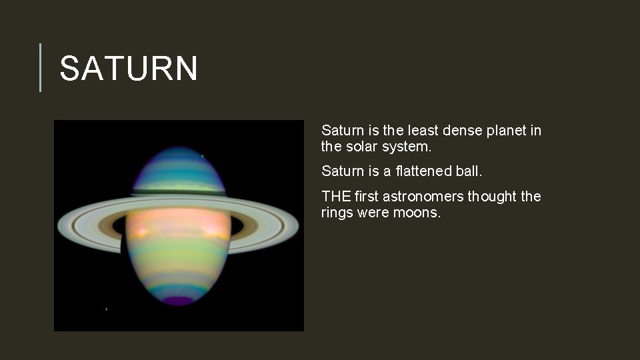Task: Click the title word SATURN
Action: click(129, 69)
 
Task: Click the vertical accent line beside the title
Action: click(41, 67)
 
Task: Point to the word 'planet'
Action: click(507, 131)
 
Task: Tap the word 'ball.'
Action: click(469, 171)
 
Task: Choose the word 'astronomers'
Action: click(423, 197)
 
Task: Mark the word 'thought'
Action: click(493, 197)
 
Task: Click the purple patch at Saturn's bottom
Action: click(179, 300)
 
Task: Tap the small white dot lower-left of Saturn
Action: click(107, 309)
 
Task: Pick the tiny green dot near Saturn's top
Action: click(202, 157)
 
